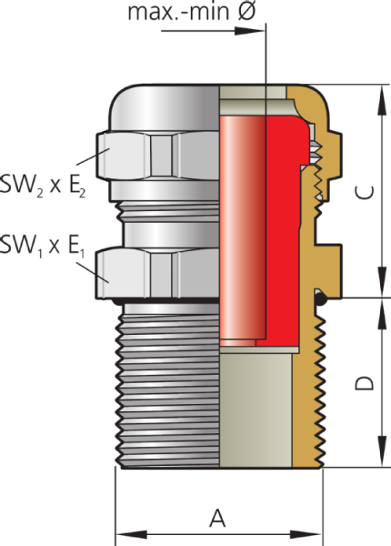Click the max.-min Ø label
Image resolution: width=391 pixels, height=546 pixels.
tap(192, 11)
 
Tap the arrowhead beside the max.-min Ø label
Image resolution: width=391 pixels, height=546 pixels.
tap(250, 31)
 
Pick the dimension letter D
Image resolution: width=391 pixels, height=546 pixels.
tap(365, 383)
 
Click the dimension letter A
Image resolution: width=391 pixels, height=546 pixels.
tap(217, 519)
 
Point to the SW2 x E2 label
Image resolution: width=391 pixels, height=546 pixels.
tap(43, 185)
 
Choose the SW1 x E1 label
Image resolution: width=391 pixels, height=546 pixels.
tap(42, 246)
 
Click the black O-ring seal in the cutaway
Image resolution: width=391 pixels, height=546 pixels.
tap(320, 298)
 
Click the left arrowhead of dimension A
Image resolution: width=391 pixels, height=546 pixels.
tap(131, 534)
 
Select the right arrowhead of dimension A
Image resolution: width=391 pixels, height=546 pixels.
tap(306, 534)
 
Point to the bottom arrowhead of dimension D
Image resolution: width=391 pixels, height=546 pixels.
tap(382, 451)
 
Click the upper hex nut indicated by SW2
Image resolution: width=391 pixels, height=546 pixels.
tap(157, 155)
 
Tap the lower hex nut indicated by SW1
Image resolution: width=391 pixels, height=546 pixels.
tap(157, 272)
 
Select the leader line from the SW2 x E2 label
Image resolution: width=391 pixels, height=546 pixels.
tap(93, 157)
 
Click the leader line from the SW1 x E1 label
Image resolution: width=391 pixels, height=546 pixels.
tap(93, 272)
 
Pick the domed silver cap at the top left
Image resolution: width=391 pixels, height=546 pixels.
tap(165, 108)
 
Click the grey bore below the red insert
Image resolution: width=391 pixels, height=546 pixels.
tap(256, 410)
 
